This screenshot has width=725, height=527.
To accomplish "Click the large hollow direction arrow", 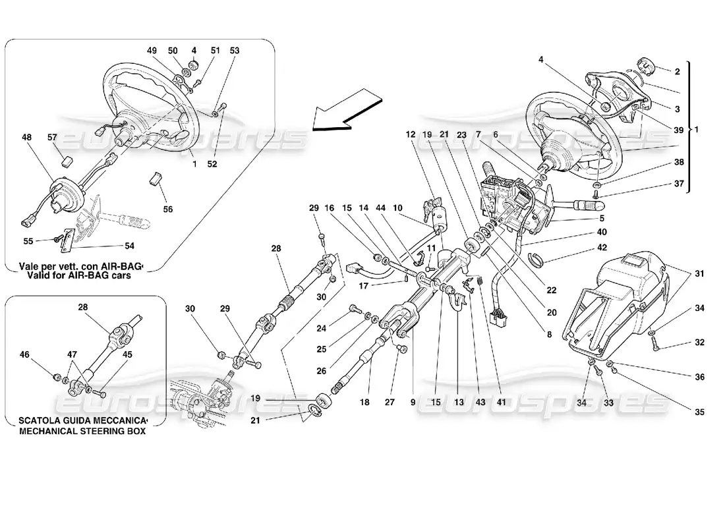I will pyautogui.click(x=347, y=114).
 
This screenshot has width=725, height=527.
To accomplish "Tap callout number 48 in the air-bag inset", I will pyautogui.click(x=27, y=138).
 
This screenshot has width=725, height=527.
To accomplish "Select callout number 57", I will pyautogui.click(x=53, y=138).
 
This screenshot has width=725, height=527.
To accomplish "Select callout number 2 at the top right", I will pyautogui.click(x=677, y=71).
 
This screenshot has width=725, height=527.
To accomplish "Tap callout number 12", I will pyautogui.click(x=411, y=134).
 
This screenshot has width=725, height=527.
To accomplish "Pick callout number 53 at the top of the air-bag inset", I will pyautogui.click(x=235, y=50).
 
